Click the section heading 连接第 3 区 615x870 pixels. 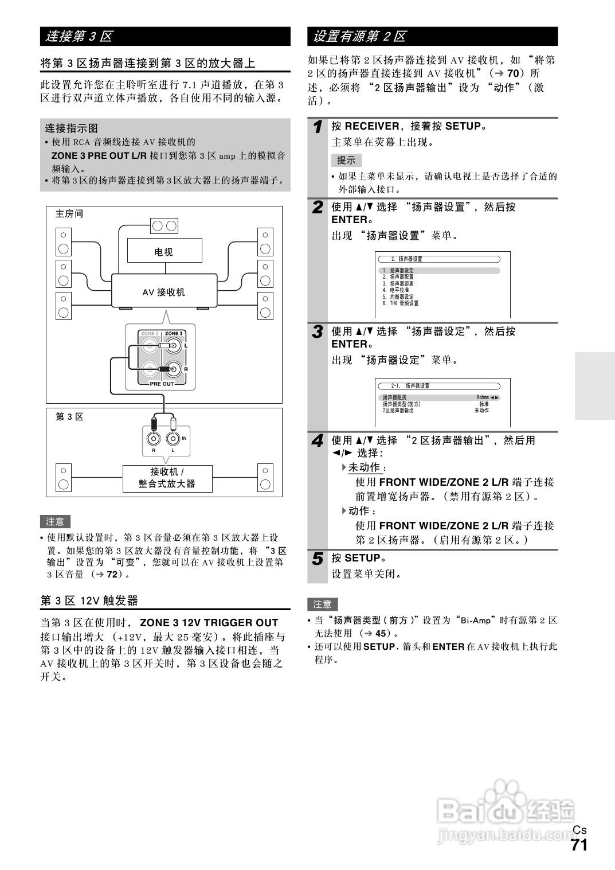point(79,37)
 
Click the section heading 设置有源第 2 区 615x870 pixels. point(359,37)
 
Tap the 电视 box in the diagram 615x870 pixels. point(164,251)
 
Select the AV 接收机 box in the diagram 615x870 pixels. point(164,292)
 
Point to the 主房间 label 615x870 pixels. point(69,214)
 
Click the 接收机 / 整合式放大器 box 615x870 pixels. point(167,478)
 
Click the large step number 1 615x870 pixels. point(318,127)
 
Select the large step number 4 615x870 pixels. point(318,441)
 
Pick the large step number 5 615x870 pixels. point(318,559)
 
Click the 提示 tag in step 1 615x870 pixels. point(346,161)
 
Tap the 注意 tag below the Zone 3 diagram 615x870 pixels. point(55,522)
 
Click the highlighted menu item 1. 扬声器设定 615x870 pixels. point(402,271)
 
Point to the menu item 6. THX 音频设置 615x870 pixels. point(401,303)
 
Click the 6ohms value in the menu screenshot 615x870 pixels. point(483,397)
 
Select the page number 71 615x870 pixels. point(579,845)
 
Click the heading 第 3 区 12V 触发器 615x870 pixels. point(89,600)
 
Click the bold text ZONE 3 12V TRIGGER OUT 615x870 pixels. point(209,623)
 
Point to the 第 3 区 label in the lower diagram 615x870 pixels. point(69,417)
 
